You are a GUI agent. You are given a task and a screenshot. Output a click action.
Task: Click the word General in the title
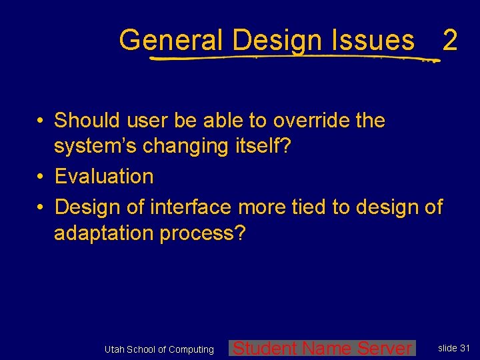coord(171,41)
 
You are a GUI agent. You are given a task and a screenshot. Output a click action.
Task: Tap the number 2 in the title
coord(450,41)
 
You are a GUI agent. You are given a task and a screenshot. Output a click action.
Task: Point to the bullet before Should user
coord(41,121)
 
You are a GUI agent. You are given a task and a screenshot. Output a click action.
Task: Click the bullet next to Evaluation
coord(41,177)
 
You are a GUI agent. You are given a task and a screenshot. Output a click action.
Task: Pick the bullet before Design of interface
coord(41,207)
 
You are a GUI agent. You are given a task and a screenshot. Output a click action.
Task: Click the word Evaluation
coord(104,177)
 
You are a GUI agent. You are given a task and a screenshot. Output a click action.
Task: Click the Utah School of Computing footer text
coord(159,349)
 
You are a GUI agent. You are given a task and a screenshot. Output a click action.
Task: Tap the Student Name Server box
coord(322,348)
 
